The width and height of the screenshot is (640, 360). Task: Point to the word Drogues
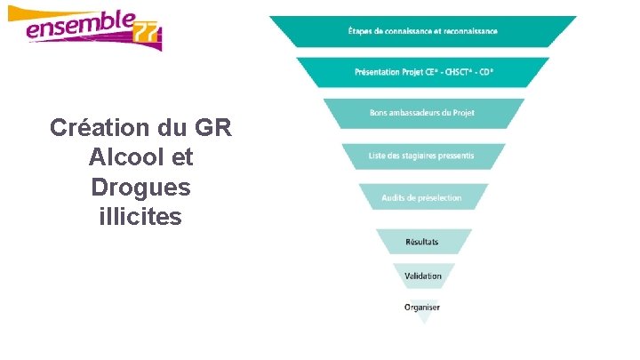click(140, 188)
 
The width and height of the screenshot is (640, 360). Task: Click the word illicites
click(140, 216)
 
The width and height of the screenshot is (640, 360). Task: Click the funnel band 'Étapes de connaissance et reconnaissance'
click(422, 31)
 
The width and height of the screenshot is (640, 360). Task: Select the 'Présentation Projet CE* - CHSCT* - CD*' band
click(422, 72)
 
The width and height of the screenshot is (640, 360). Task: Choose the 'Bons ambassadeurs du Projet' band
click(422, 114)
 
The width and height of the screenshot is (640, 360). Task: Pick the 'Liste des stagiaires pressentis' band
click(422, 156)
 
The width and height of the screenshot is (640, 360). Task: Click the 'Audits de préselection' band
click(422, 197)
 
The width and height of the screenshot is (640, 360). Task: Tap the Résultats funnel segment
click(422, 242)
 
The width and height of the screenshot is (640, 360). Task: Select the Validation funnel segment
click(422, 276)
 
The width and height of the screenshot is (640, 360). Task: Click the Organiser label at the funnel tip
click(422, 308)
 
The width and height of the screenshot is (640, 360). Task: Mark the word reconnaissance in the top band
click(468, 31)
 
